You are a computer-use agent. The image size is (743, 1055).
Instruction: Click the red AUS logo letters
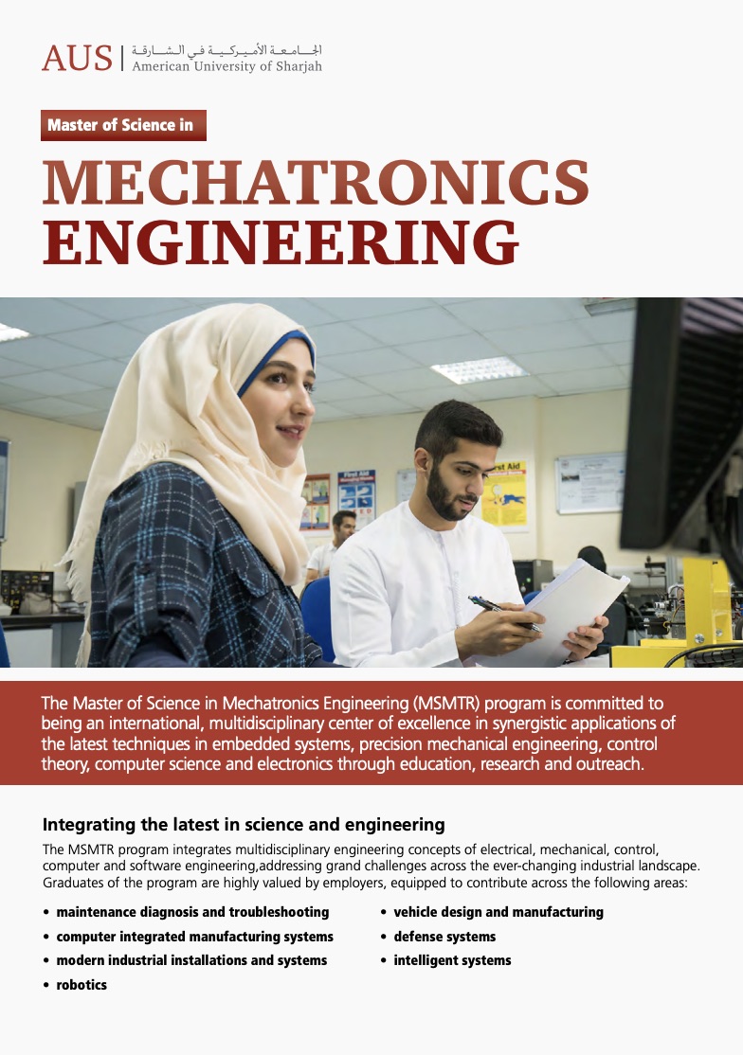77,58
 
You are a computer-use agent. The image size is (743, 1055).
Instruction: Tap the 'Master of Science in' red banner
123,125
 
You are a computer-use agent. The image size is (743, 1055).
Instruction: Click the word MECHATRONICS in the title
316,184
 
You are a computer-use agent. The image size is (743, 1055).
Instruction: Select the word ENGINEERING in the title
281,241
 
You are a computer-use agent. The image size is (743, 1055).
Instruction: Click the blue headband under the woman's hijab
275,350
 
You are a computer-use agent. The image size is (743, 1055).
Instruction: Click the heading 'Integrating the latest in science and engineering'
244,824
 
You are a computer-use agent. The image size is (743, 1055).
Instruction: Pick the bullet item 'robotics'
82,985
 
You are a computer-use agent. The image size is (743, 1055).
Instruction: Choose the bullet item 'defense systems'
444,937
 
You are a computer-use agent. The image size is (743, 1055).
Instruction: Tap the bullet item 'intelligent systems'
452,960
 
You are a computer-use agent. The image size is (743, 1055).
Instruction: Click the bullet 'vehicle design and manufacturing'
498,912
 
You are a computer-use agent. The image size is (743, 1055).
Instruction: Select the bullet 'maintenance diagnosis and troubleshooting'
192,912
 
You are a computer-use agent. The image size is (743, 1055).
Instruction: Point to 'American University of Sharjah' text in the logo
227,67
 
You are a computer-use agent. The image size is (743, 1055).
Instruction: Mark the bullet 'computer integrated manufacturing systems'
194,937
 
